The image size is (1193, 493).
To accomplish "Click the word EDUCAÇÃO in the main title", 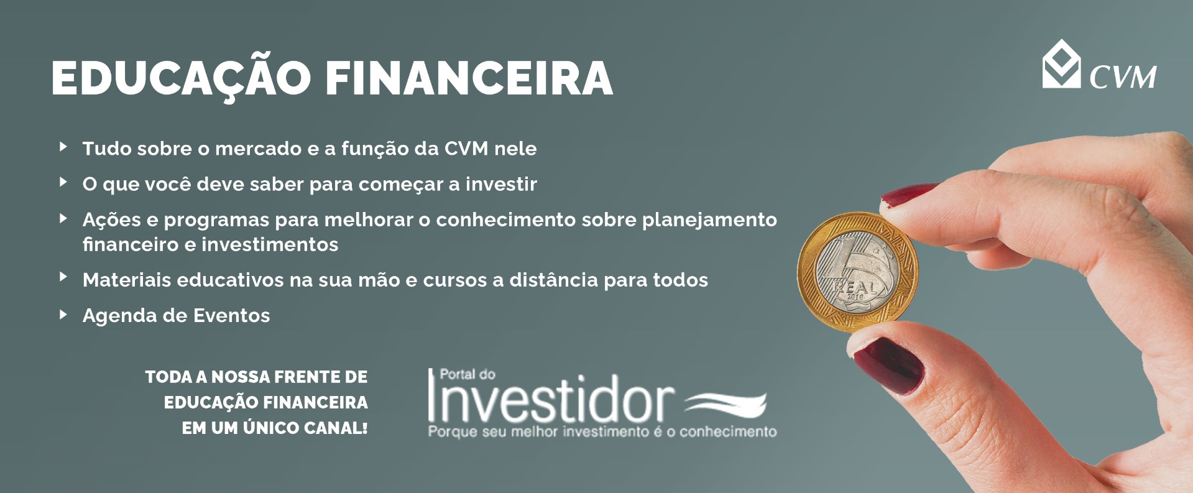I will tap(181, 78).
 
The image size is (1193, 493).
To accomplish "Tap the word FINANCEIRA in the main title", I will tap(469, 78).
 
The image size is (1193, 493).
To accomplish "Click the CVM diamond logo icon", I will tap(1061, 64).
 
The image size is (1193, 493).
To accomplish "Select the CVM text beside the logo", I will tap(1123, 77).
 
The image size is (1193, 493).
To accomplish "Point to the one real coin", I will tap(857, 272).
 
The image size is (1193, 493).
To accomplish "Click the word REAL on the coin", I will tap(855, 288).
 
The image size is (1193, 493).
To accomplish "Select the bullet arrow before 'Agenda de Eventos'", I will tap(63, 315).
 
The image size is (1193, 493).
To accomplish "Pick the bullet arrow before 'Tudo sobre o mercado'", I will tap(63, 147).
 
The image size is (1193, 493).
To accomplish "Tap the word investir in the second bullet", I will tap(501, 185).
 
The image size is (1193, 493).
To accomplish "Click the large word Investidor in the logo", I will tap(550, 399).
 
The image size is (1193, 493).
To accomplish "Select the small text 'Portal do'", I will tap(468, 374).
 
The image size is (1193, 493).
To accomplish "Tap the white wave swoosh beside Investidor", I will tap(725, 403).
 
